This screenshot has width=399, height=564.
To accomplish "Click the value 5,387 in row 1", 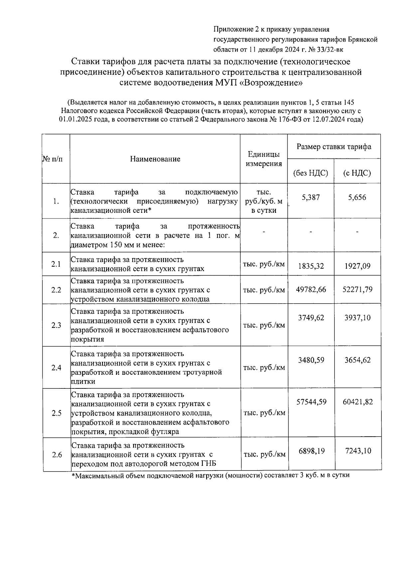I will [x=311, y=198].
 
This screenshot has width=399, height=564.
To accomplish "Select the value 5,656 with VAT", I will [x=357, y=198].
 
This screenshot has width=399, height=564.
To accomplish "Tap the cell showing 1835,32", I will [x=311, y=266].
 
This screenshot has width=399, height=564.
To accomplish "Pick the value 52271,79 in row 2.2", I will [x=357, y=289].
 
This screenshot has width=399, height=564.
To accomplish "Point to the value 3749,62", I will [x=311, y=318].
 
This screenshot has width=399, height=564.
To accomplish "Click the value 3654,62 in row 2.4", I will [x=357, y=360].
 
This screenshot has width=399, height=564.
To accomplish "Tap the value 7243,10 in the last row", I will [x=358, y=451].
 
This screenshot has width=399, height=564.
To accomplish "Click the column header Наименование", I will [x=155, y=159].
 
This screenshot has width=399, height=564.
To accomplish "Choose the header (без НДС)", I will [x=311, y=173].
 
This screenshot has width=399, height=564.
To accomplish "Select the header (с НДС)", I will [x=357, y=173].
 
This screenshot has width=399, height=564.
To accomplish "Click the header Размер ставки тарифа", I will [x=334, y=147].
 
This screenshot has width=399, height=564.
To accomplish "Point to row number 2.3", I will [x=56, y=325].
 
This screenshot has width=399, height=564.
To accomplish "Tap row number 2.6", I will [x=57, y=455].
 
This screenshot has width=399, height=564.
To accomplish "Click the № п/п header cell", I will [x=53, y=159].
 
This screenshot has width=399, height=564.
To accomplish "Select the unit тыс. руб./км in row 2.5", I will [x=264, y=413].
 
